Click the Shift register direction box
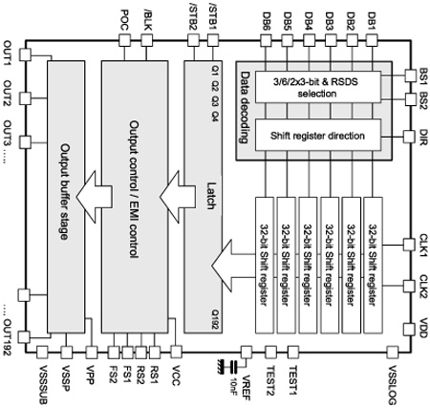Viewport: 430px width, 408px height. [318, 135]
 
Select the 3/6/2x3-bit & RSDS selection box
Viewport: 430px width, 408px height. [318, 87]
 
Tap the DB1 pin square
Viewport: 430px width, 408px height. [372, 40]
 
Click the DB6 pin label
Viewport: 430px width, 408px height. [266, 22]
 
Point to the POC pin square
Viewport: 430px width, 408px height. [124, 40]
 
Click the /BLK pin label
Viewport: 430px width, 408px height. [147, 21]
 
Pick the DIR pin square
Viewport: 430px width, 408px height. [409, 137]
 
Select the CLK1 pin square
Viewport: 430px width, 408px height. [409, 245]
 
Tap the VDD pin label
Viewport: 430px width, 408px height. [423, 329]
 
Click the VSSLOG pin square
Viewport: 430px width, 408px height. [393, 353]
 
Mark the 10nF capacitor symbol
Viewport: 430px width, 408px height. [234, 367]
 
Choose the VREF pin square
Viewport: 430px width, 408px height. [247, 353]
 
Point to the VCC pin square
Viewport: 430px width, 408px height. [176, 352]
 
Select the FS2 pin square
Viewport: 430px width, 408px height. [114, 353]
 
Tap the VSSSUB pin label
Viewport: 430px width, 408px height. [43, 384]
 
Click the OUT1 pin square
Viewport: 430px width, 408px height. [25, 54]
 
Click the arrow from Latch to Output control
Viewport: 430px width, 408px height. [177, 197]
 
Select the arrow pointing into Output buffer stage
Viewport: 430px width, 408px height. [94, 197]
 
